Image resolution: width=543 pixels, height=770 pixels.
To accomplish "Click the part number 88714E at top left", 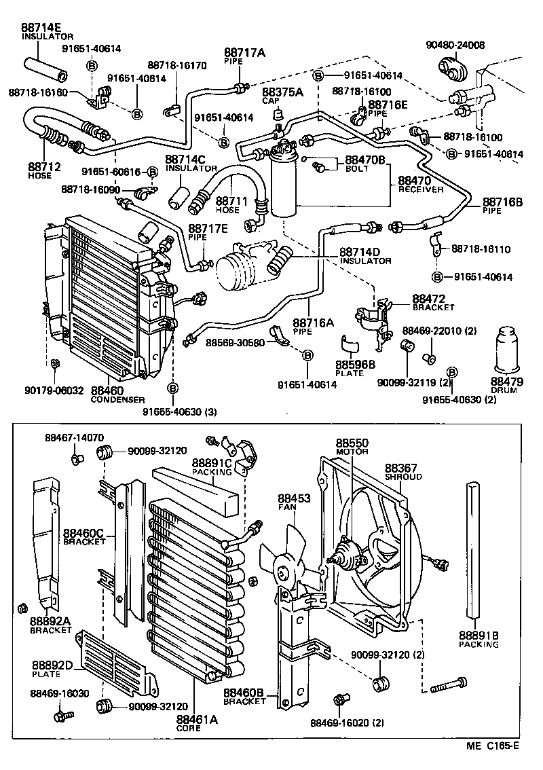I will click(41, 28).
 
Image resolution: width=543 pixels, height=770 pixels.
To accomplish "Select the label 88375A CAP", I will click(274, 96).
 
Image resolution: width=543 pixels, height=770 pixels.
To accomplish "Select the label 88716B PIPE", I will click(502, 206).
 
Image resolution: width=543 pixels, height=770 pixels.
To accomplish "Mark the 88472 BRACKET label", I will click(433, 303).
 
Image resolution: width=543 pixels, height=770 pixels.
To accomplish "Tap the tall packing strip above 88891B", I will click(472, 550).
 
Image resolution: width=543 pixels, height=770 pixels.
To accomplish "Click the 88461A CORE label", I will click(196, 723).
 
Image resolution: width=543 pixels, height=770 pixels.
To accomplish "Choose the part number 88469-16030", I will click(58, 693).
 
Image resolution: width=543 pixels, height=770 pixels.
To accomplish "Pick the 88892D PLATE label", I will click(53, 668).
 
